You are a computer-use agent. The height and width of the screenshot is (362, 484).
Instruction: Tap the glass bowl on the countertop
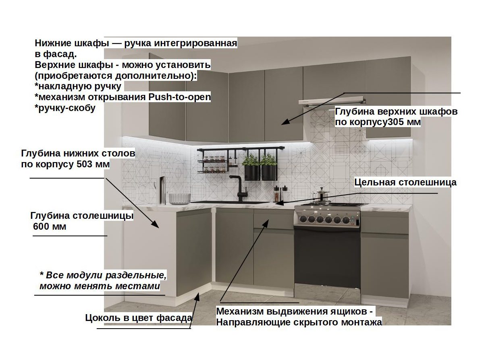179,198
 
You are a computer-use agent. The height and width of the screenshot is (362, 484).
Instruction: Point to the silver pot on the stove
322,195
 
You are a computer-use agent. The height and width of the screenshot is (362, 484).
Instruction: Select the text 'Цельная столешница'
405,182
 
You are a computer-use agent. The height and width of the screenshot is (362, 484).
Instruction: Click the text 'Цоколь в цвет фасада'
139,318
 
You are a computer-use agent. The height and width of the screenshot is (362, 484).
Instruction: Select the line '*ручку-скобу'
65,108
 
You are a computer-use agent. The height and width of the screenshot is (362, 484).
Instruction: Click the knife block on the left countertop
162,186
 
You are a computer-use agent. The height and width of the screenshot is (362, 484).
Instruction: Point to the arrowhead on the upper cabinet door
284,122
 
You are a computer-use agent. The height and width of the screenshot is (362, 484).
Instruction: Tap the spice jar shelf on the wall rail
212,165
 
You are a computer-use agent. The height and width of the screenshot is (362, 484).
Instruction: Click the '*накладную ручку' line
78,86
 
